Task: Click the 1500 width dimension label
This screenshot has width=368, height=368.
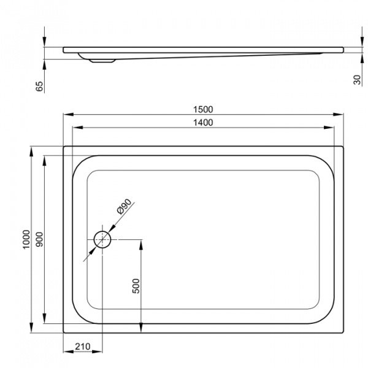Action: click(203, 109)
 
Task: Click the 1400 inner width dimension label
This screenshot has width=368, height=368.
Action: click(203, 122)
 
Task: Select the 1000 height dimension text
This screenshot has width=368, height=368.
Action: click(26, 240)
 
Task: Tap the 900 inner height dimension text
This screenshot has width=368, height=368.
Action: click(39, 240)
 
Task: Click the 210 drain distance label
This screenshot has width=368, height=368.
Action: click(83, 347)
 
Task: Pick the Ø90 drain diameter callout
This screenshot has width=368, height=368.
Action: click(125, 207)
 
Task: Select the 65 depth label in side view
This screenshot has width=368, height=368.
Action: click(40, 86)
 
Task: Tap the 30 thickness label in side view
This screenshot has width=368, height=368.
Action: click(358, 80)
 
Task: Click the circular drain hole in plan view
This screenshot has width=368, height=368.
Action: click(102, 240)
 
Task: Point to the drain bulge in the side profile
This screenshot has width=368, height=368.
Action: click(102, 60)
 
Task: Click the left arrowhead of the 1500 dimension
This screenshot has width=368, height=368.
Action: click(67, 115)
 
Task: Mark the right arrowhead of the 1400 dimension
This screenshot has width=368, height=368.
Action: click(331, 128)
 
